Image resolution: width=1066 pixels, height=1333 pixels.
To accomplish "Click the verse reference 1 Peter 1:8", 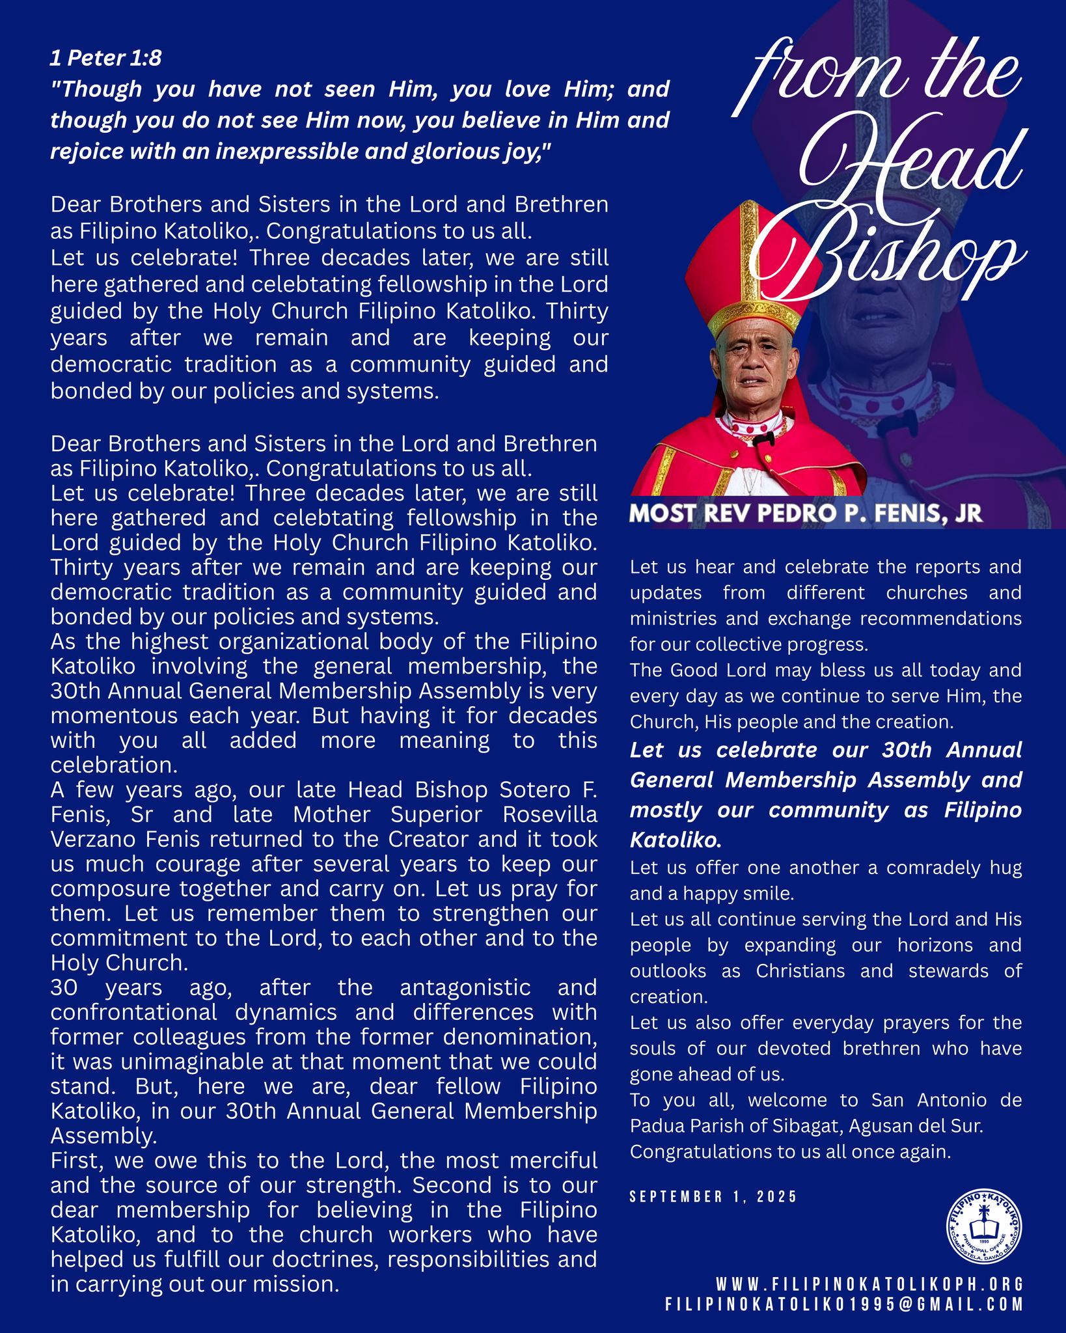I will coord(105,59).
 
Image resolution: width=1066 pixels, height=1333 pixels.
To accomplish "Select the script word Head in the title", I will coord(911,163).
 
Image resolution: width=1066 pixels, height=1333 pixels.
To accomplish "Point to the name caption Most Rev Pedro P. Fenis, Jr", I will coord(806,514).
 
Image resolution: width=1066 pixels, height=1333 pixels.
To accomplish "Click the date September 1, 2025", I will coord(713,1196).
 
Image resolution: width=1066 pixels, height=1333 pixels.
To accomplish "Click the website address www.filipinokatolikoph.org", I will coord(869,1285).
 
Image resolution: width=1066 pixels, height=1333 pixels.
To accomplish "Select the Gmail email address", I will coord(843,1304).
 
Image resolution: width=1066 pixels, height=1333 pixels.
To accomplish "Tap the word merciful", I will coord(553,1161).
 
